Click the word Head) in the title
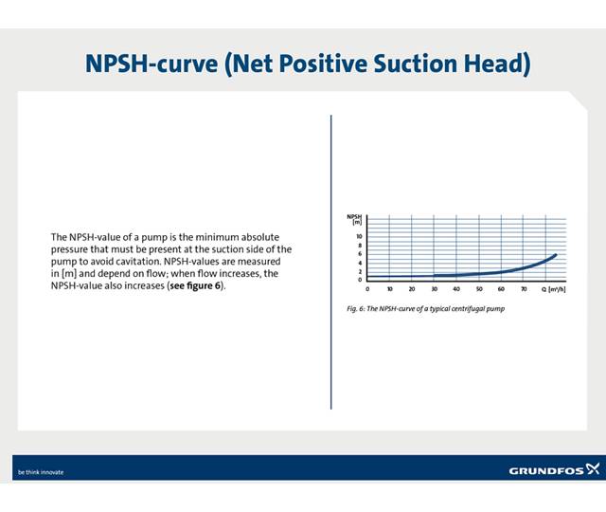click(490, 64)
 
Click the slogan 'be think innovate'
click(41, 471)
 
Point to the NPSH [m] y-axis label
click(355, 220)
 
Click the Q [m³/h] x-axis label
click(554, 288)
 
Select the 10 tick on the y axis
click(359, 236)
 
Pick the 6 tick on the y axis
click(360, 254)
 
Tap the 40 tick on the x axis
click(456, 288)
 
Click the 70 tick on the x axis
click(524, 288)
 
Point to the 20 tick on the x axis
click(412, 288)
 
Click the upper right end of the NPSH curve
click(555, 254)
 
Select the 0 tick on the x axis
click(367, 288)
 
